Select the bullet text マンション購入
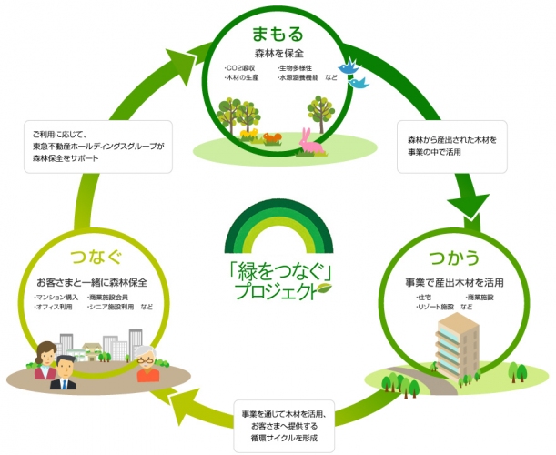[57, 298]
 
